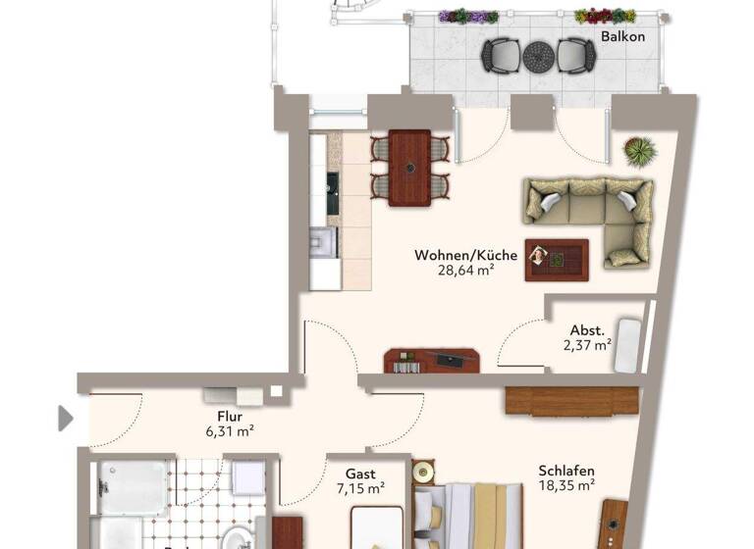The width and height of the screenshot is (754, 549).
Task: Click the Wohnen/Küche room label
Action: point(452,255)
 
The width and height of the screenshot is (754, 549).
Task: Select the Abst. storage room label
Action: point(586,330)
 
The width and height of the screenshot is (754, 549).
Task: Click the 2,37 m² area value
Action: point(587,345)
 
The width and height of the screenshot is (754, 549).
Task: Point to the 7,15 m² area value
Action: point(360,487)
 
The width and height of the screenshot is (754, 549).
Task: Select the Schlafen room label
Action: point(566,470)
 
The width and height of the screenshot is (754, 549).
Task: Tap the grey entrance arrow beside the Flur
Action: point(66,419)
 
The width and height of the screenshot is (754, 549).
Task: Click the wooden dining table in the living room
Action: point(409,168)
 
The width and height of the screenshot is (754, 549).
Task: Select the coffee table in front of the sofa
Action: point(556,259)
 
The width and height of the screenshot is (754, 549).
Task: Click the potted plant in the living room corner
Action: point(639,151)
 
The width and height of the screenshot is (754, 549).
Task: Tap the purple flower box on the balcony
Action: point(468,17)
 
